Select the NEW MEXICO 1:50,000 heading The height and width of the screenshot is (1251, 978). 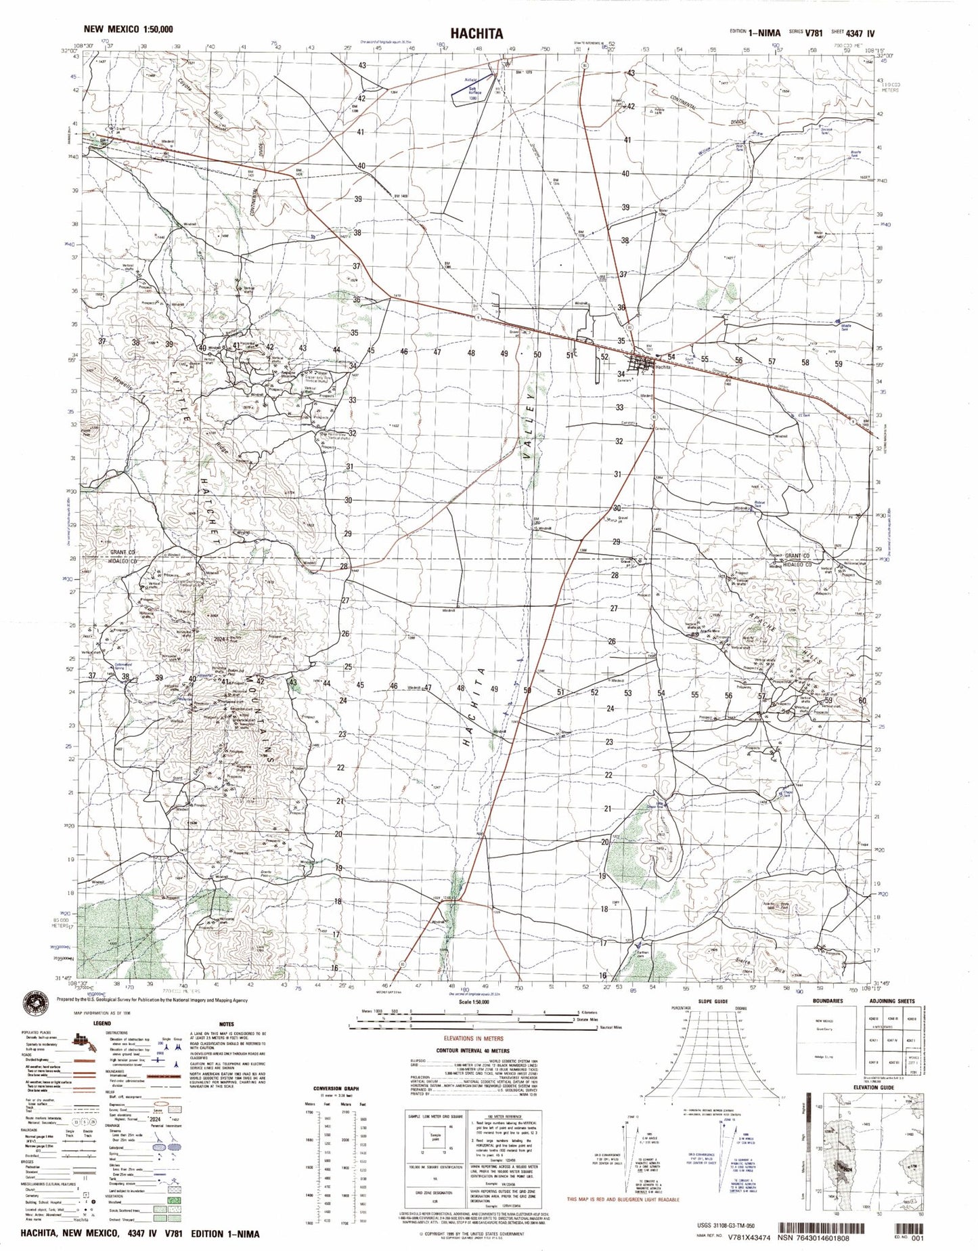[127, 29]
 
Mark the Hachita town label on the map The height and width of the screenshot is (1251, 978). [663, 366]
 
